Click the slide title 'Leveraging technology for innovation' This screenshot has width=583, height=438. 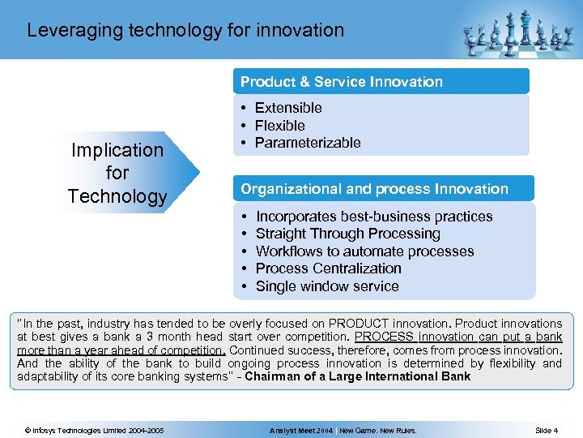(185, 31)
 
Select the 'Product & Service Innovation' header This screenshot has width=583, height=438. (341, 82)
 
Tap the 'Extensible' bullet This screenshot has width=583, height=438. (288, 108)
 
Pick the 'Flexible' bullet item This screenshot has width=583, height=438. (279, 126)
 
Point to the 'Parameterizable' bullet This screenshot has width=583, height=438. (307, 143)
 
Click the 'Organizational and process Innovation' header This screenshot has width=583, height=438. (374, 189)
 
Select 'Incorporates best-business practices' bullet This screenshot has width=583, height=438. (373, 217)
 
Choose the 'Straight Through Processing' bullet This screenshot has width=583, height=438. (347, 234)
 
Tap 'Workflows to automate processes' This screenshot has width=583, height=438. (364, 251)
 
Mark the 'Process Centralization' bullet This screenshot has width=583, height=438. (328, 268)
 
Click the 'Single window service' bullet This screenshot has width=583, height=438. (327, 286)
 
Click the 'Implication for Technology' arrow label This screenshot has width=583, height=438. (117, 173)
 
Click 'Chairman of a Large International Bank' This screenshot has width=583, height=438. (357, 376)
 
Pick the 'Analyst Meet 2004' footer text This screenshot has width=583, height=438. (301, 430)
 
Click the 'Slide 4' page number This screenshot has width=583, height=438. (547, 430)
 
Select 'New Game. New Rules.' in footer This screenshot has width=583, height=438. (378, 430)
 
